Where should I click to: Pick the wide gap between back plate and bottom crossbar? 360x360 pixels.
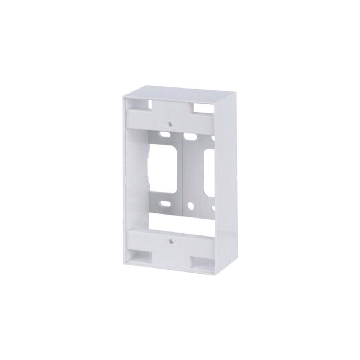180,221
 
